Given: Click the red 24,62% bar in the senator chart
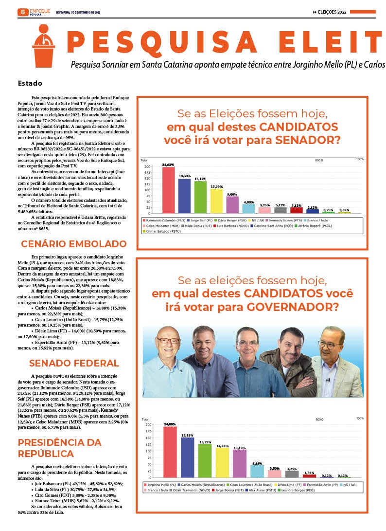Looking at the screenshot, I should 168,190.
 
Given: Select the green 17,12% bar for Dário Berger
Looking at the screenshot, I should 200,197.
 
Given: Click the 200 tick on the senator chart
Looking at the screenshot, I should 148,166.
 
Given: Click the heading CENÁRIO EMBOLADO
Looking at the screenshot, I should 73,244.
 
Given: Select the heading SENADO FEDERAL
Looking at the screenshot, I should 74,363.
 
